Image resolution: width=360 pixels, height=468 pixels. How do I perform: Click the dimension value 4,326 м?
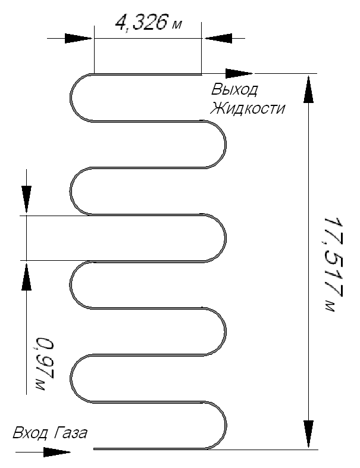point(148,23)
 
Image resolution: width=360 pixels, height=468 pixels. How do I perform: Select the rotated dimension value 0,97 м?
point(45,364)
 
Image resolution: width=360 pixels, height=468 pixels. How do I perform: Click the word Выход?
point(234,89)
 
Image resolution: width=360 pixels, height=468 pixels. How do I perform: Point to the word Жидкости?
point(248,108)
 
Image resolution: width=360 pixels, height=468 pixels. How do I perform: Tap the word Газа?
point(71,433)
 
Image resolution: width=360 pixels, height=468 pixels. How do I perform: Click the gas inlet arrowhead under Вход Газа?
point(57,452)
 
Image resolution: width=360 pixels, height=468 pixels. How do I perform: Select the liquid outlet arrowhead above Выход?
point(239,73)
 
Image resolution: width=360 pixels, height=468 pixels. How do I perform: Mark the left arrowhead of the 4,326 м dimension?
point(78,39)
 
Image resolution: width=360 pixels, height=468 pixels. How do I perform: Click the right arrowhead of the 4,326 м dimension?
point(218,39)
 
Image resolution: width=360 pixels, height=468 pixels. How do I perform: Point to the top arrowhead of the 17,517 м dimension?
point(308,89)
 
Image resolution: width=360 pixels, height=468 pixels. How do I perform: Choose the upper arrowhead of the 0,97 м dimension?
point(26,199)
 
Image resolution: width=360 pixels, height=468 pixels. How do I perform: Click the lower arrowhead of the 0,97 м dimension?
point(26,277)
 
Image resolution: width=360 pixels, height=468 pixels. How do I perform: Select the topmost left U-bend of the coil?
point(71,98)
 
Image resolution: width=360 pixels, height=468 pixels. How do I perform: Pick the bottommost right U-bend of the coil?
point(226,425)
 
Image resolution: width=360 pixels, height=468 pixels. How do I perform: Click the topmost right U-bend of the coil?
point(225,144)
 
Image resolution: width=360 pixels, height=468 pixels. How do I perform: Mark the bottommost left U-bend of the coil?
point(71,378)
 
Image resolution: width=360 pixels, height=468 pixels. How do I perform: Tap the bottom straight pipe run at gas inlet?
point(151,448)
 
